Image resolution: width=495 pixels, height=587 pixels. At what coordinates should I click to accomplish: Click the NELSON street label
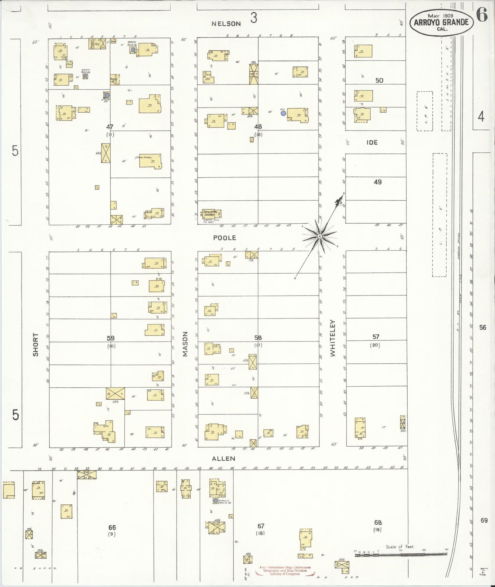tap(226, 24)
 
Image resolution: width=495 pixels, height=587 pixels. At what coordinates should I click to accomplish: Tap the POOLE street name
tap(224, 238)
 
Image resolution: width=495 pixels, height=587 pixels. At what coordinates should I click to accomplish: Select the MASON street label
tap(186, 344)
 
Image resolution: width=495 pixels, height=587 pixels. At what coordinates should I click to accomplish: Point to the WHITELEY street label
tap(333, 338)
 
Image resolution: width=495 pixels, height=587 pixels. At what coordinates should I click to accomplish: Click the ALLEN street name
tap(223, 458)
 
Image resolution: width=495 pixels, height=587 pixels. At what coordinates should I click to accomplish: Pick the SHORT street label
tap(36, 344)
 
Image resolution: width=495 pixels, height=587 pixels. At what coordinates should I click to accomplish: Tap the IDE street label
tap(372, 142)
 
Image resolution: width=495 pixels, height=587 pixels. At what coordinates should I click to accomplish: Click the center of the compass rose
tap(319, 236)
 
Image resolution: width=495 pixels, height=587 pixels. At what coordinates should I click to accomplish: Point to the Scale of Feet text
tap(399, 547)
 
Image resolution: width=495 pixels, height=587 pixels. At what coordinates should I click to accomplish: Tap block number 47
tap(110, 127)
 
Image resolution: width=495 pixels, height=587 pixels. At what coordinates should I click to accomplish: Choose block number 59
tap(110, 338)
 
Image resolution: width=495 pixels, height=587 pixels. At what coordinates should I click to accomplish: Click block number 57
tap(376, 337)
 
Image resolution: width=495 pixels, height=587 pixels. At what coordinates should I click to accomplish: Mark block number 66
tap(112, 528)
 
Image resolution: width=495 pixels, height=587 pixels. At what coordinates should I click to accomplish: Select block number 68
tap(378, 523)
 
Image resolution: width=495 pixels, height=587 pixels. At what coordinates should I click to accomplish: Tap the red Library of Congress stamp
tap(285, 571)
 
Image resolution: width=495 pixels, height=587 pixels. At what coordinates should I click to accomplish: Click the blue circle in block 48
tap(283, 113)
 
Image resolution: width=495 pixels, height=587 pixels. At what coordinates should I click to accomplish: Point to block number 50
tap(379, 80)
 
